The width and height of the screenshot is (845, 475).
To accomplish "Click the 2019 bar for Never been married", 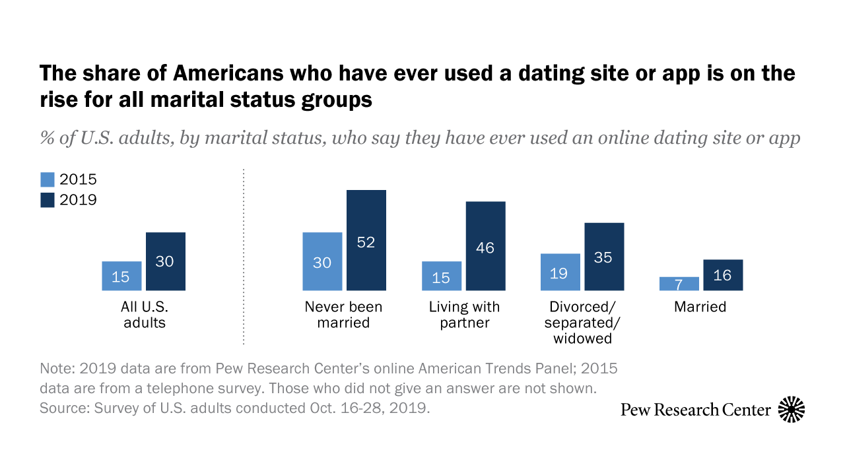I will click(366, 240).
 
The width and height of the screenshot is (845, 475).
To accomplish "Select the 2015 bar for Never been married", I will click(322, 261).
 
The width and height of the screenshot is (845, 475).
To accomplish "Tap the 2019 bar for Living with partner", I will click(485, 245).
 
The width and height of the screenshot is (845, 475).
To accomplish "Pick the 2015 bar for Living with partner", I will click(442, 276).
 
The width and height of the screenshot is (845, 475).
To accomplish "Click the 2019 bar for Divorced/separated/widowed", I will click(604, 256).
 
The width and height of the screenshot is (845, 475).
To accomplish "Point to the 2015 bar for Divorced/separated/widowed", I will click(560, 272).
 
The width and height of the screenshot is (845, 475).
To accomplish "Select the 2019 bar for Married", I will click(723, 274).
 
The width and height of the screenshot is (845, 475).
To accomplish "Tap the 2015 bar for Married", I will click(679, 284).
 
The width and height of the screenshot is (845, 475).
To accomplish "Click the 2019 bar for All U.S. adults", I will click(165, 261).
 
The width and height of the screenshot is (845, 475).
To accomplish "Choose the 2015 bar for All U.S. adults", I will click(121, 276).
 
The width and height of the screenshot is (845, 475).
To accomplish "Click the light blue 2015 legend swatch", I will click(48, 179).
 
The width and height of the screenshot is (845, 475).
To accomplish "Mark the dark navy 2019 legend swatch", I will click(48, 199).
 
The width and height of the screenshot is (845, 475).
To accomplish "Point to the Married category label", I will click(700, 307).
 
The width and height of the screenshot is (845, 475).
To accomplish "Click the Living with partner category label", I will click(464, 315).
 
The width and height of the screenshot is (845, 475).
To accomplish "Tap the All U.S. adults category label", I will click(143, 315).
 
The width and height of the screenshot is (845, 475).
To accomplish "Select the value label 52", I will click(366, 242).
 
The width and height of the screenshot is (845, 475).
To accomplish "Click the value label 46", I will click(485, 248).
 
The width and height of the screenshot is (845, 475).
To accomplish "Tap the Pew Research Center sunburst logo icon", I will click(792, 410).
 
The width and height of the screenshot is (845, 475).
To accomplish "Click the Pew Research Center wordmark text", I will click(696, 410).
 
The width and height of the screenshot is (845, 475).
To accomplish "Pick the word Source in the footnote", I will click(60, 408).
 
